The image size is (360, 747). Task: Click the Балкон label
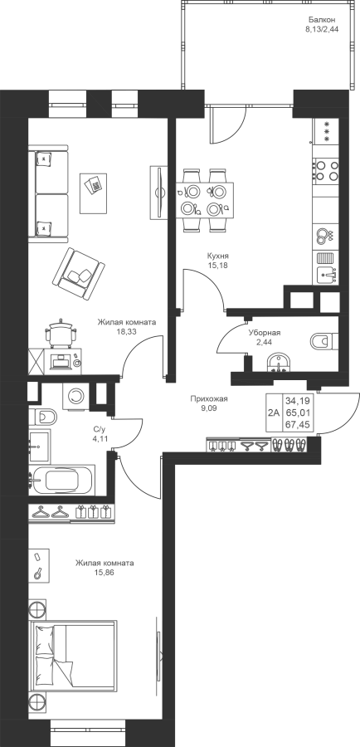tap(322, 20)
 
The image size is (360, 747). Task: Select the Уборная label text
tap(265, 333)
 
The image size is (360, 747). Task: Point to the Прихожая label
tap(208, 398)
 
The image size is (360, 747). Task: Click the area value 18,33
tap(126, 332)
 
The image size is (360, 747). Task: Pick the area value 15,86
tap(105, 573)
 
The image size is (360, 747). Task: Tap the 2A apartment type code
tap(274, 413)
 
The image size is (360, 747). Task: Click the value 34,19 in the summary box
tap(298, 401)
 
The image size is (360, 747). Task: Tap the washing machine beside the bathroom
tap(75, 395)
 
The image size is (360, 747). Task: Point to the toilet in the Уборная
tap(324, 341)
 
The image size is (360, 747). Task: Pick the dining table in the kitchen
tap(205, 200)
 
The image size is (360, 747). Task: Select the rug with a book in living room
tap(94, 193)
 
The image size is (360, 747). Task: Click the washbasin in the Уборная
tap(279, 362)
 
